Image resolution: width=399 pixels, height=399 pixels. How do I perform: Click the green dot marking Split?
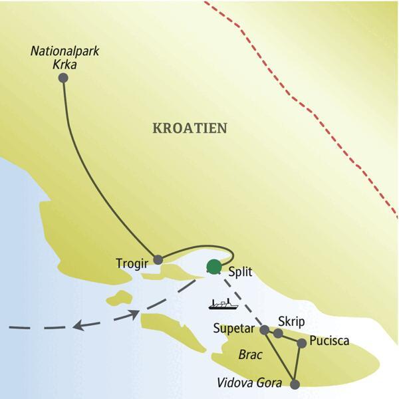pos(213,267)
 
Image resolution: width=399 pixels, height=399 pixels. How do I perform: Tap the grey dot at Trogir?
pos(158,259)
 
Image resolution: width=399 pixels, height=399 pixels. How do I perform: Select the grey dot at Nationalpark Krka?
pos(63,78)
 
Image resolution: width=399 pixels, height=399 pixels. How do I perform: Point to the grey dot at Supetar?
pos(264,329)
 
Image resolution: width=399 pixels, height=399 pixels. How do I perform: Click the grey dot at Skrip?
pos(278,333)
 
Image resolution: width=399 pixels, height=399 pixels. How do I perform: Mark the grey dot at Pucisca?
pos(302,343)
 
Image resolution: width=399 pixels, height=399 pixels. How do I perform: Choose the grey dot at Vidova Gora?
pos(295,384)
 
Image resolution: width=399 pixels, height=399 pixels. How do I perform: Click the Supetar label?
pos(235,328)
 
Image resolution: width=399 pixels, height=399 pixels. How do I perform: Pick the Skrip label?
pos(291,322)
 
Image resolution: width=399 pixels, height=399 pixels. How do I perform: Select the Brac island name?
pos(249,355)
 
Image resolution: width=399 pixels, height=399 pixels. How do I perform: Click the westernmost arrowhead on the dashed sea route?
pos(78,325)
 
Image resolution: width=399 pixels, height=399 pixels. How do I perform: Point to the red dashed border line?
pos(313,113)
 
